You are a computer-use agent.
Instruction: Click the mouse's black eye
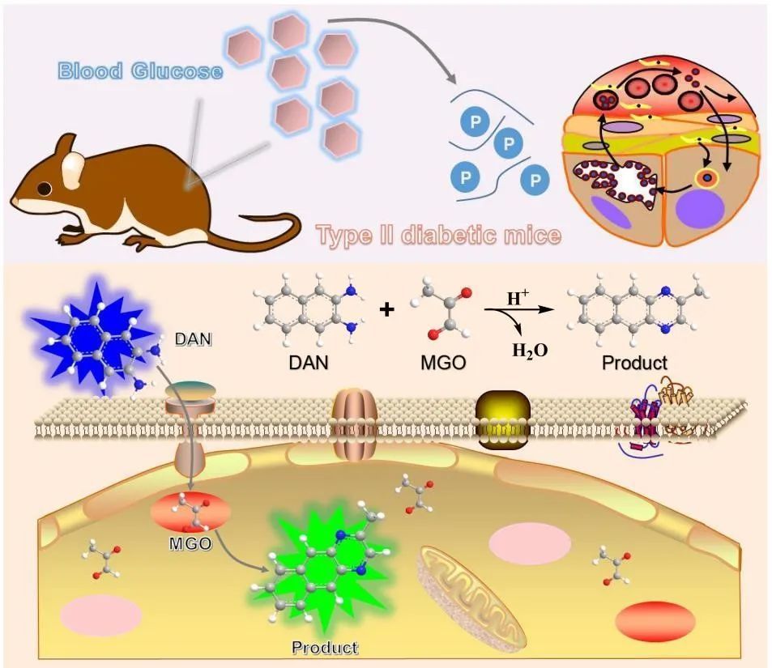tap(43, 189)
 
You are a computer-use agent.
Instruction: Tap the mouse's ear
tap(74, 169)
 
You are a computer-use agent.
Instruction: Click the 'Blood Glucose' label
tap(140, 71)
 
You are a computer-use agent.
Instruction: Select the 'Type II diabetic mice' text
tap(438, 235)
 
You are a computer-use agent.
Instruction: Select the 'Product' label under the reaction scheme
tap(634, 363)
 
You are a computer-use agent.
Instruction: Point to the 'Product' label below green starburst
tap(324, 647)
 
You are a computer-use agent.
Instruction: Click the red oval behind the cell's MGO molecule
tap(190, 514)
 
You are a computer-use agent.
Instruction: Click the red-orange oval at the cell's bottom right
tap(655, 619)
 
